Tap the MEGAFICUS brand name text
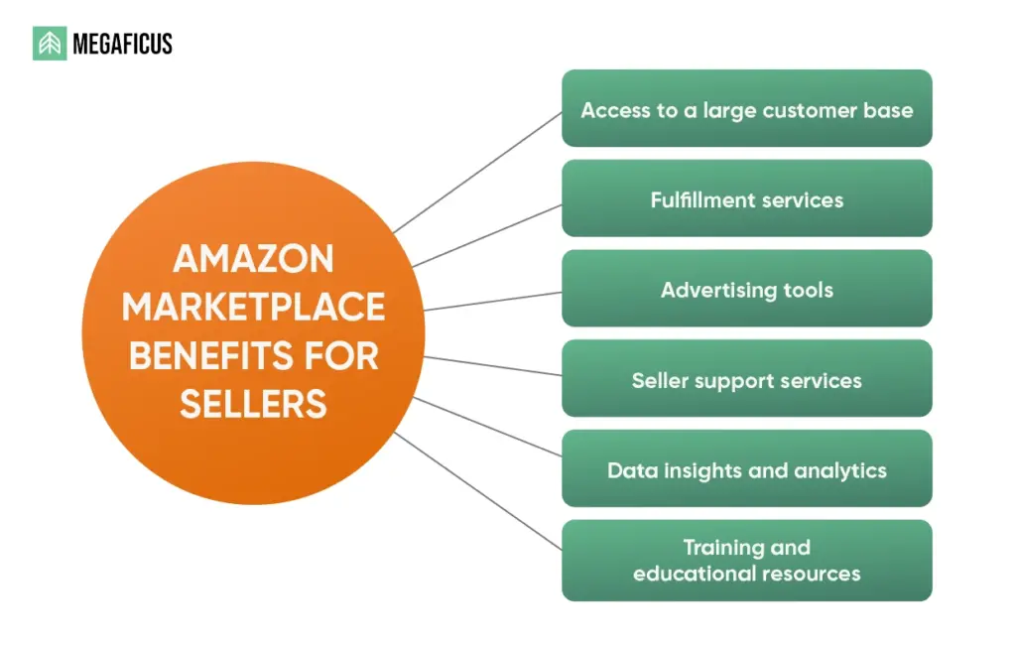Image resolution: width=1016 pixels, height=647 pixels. point(122,44)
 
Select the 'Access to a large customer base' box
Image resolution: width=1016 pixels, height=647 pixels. point(746,109)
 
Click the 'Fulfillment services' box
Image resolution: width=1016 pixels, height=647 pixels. point(746,199)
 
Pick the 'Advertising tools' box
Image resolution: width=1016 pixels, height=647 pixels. point(746,290)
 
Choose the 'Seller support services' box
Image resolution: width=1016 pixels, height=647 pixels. point(746,380)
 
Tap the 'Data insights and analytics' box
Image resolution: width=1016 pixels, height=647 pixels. point(746,469)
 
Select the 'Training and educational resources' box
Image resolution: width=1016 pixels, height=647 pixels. point(746,561)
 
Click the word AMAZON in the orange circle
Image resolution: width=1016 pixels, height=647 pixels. point(253,260)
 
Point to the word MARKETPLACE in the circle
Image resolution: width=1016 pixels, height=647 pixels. point(253,308)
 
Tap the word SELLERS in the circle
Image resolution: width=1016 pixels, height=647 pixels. point(253,405)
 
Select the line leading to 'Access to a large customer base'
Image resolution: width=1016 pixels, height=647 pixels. point(478,172)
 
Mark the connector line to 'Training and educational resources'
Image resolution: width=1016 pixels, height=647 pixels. point(478,490)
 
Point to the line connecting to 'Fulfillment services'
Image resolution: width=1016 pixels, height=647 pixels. point(487,236)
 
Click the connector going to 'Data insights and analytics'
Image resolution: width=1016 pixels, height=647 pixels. point(487,427)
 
